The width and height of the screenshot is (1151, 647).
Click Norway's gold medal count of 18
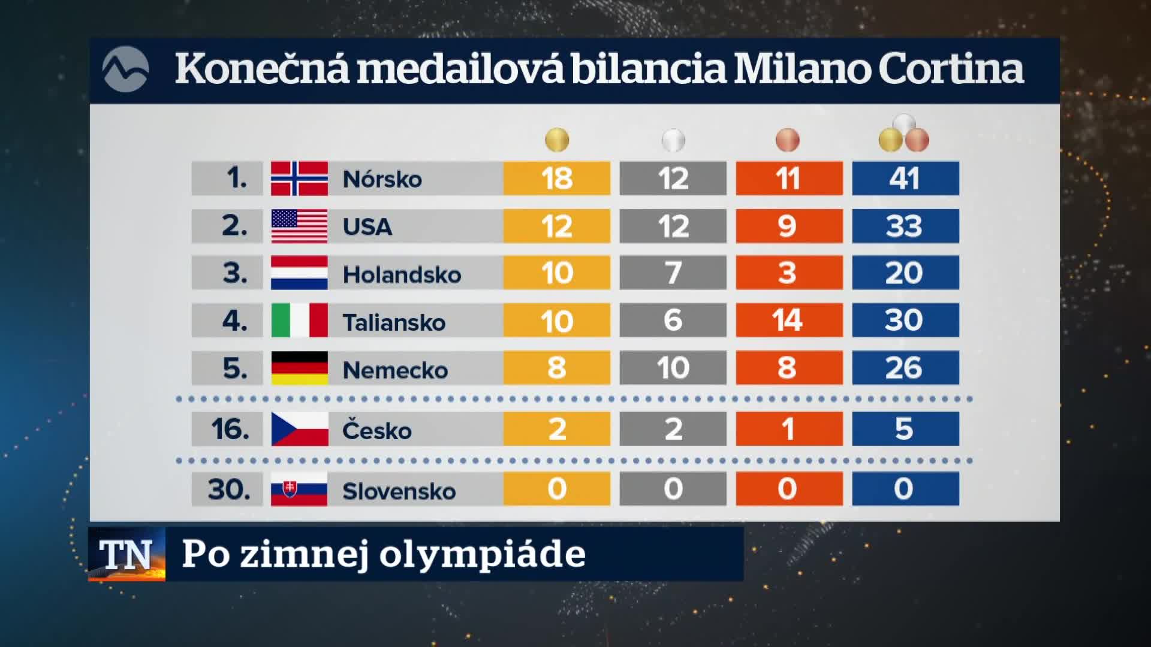pos(556,179)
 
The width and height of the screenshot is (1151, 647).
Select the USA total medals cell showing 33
pos(905,226)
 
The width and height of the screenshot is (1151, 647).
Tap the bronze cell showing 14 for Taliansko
pos(789,320)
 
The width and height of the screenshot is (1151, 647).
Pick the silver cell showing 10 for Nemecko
pos(673,367)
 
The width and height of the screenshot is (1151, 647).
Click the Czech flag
pos(299,429)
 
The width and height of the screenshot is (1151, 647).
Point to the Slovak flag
pos(299,489)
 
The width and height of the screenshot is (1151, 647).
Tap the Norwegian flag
pos(299,179)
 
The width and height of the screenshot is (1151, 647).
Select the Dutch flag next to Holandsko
pos(299,273)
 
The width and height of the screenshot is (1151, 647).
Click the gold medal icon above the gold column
pos(557,140)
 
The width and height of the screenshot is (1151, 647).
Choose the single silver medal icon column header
pos(673,140)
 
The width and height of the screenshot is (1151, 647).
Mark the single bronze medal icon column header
pos(787,140)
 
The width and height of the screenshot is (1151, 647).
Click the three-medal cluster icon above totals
pos(904,133)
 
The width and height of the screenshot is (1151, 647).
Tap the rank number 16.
pos(230,429)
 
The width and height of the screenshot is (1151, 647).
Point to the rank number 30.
pos(230,489)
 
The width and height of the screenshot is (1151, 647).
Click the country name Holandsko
pos(402,274)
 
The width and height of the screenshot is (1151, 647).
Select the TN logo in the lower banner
pos(126,554)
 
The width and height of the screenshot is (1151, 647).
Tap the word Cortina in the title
pos(951,68)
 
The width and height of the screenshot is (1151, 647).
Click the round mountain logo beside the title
pos(125,69)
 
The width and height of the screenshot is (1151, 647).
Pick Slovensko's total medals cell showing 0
pos(905,489)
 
